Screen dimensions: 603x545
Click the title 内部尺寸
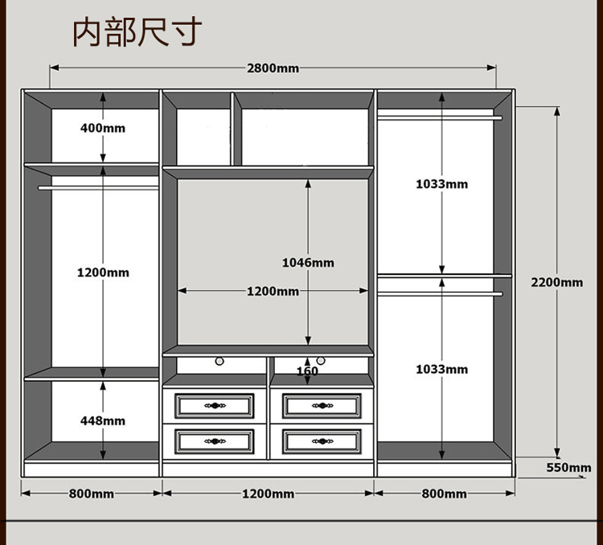(137, 32)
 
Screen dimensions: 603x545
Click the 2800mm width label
(273, 68)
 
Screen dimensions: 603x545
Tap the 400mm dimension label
(103, 128)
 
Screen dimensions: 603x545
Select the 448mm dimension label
(103, 420)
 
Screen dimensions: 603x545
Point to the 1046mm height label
(308, 263)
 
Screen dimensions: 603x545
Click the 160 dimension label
(307, 371)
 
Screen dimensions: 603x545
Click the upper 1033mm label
(441, 184)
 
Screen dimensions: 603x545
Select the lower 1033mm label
(441, 369)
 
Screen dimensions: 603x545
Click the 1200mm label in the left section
(103, 272)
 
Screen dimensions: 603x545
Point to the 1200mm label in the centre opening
(273, 291)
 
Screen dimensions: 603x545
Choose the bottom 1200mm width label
(269, 494)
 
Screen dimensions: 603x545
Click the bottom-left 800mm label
(91, 494)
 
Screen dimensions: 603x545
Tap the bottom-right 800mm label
(444, 494)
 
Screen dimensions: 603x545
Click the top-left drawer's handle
(215, 405)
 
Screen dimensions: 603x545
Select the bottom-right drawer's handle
(322, 441)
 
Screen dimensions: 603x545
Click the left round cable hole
(218, 362)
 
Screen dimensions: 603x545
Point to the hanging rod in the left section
(96, 188)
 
